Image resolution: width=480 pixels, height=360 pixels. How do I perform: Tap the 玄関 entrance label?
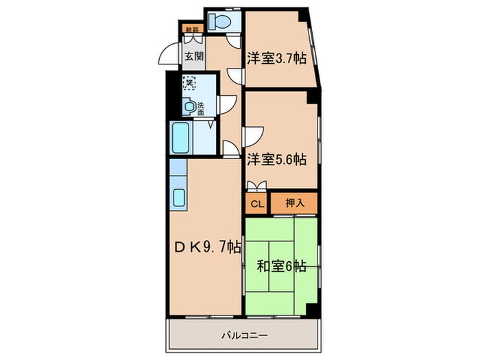coord(193,57)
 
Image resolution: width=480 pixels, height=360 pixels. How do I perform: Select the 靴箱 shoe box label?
coord(193,29)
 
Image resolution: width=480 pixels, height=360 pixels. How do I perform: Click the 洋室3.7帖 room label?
coord(276,58)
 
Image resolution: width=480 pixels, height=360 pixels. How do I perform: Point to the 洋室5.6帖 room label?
coord(276,158)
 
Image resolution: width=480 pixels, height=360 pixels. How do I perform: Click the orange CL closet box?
coord(256,203)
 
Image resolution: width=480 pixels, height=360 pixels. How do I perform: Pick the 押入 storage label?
coord(293,203)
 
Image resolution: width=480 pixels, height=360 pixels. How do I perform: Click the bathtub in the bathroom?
coord(181,139)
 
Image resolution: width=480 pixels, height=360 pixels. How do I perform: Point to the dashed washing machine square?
coord(189,83)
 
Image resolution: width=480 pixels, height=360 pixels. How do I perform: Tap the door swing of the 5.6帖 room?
coord(255,135)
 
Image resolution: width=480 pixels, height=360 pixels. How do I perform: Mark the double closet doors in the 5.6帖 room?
coord(258,184)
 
